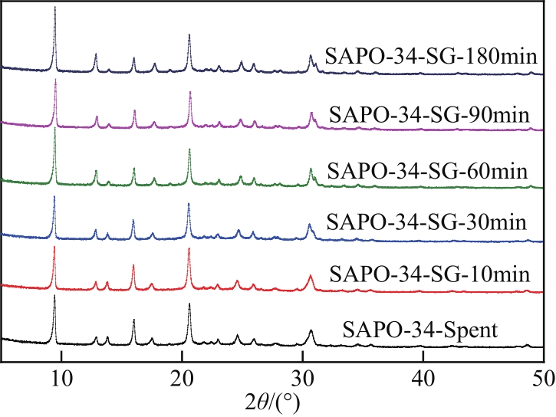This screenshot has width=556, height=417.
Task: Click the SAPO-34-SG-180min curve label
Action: (x=429, y=57)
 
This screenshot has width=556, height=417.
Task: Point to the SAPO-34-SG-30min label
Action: (x=427, y=223)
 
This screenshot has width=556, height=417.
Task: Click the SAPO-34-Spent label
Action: (x=421, y=331)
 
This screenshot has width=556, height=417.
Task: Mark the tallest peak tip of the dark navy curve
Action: (x=55, y=7)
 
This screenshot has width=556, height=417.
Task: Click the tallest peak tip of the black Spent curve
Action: (x=54, y=295)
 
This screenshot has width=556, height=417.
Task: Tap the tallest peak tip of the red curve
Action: (x=54, y=247)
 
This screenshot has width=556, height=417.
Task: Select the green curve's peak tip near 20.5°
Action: (x=189, y=149)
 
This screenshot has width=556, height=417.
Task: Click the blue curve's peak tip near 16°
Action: (x=133, y=221)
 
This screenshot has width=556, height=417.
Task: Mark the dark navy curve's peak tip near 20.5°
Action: (x=189, y=34)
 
